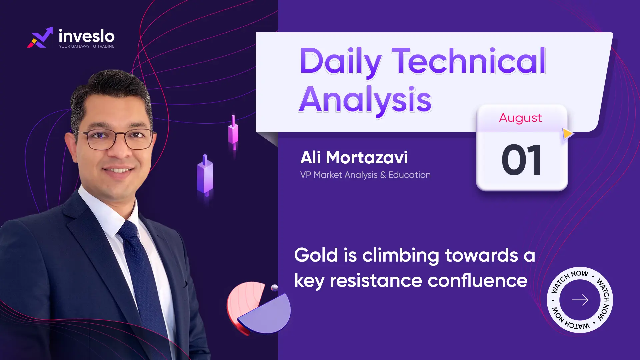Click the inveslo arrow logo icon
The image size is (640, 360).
[x=40, y=37]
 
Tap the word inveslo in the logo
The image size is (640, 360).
[x=87, y=36]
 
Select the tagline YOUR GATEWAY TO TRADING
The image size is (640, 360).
[x=87, y=46]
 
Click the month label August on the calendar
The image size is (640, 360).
[x=520, y=118]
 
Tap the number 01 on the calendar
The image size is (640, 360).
[x=522, y=160]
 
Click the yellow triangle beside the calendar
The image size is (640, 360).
[x=568, y=134]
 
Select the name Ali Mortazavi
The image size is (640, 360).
[x=354, y=157]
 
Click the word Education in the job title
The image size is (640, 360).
[x=409, y=175]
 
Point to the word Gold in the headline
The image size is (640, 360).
[x=316, y=255]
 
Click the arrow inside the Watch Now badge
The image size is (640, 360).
[x=580, y=300]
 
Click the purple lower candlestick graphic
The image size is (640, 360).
[x=205, y=175]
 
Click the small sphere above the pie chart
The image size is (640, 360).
[x=275, y=288]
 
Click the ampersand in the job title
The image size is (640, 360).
[x=383, y=175]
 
